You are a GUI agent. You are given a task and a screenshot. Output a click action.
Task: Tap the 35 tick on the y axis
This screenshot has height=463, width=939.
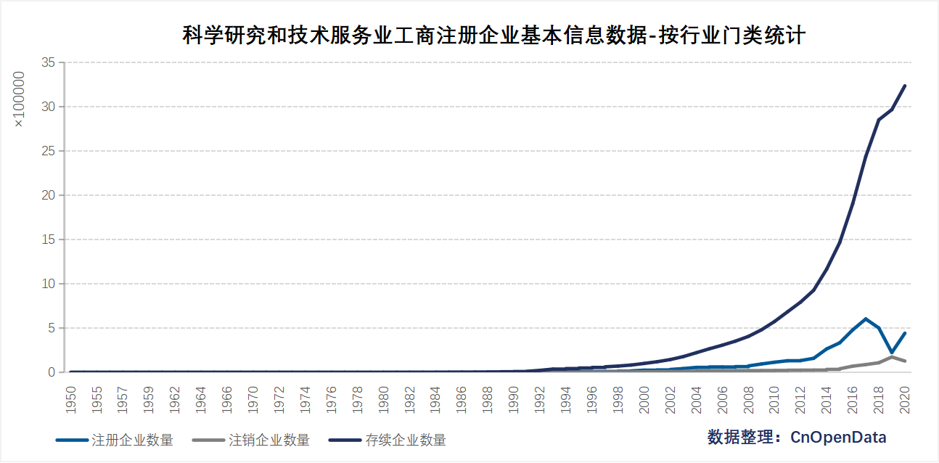pos(48,63)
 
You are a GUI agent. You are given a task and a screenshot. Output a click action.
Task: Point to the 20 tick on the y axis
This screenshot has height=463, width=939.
pos(48,195)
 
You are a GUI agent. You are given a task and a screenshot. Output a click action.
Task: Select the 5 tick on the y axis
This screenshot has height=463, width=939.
pos(52,328)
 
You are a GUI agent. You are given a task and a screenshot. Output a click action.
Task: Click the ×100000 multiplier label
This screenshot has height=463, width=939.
pos(20,99)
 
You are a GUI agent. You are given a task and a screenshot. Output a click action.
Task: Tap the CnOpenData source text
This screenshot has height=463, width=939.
pos(797,437)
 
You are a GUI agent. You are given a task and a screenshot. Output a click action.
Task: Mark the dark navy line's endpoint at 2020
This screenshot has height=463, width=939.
pos(905,86)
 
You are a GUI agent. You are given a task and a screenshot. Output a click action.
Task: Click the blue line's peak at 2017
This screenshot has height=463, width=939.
pos(866,319)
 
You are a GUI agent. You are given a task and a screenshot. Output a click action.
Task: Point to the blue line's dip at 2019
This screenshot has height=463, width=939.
pos(892,353)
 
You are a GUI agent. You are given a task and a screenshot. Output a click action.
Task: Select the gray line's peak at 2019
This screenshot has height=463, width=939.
pos(892,357)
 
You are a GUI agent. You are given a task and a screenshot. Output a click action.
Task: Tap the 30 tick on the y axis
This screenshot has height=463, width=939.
pos(48,107)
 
